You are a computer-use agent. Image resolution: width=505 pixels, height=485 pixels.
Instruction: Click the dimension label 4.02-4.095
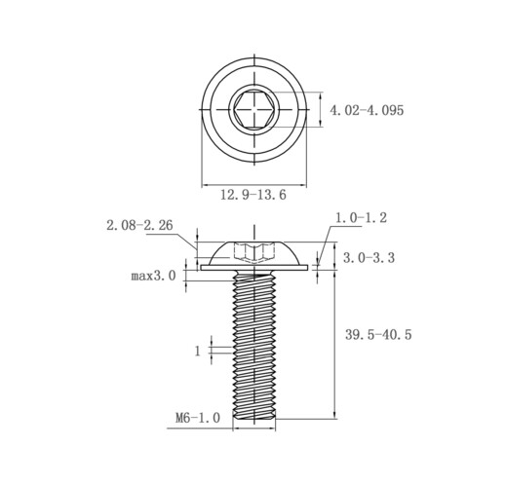click(367, 110)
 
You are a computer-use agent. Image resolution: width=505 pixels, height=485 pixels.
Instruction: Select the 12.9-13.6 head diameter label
click(253, 195)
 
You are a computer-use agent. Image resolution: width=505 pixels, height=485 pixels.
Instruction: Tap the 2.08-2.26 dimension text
click(139, 225)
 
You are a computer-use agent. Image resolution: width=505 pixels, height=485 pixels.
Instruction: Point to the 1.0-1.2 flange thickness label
click(361, 217)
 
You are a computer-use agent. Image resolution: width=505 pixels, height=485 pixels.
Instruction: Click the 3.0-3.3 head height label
click(369, 258)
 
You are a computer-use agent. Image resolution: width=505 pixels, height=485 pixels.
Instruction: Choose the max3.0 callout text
click(153, 276)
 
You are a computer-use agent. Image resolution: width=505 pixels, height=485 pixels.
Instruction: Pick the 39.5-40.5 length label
click(378, 334)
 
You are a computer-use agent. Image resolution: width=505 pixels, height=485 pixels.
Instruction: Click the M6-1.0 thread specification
click(198, 418)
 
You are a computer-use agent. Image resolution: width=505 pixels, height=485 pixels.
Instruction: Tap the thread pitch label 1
click(198, 351)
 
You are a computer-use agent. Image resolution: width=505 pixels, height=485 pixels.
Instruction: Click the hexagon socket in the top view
click(254, 109)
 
